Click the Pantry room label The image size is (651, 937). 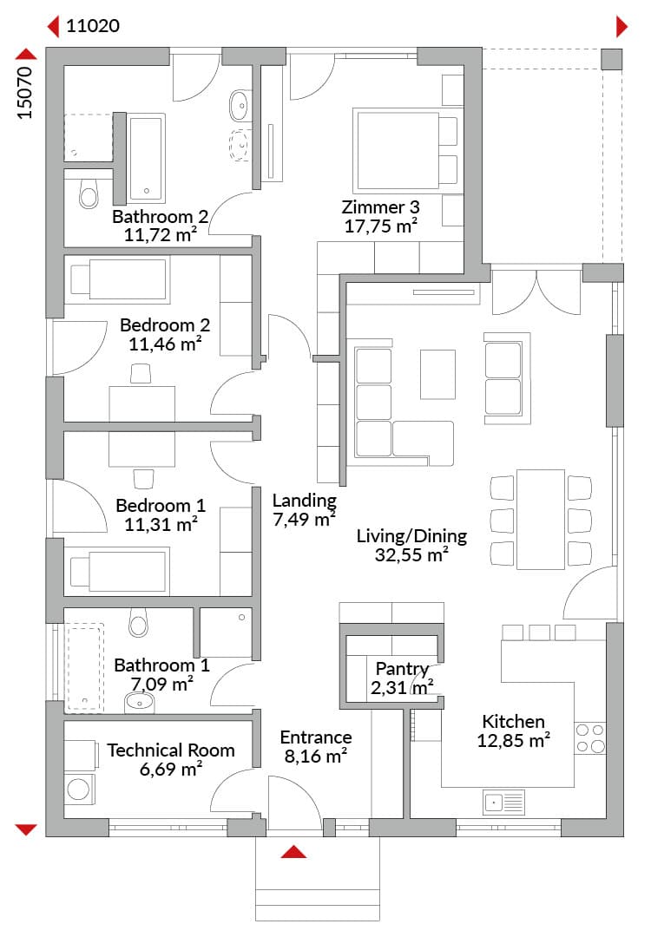402,668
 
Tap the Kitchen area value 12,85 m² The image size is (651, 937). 514,741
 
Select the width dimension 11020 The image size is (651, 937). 93,26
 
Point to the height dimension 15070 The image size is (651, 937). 24,93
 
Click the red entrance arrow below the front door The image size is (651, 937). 293,852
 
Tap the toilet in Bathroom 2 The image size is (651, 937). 89,192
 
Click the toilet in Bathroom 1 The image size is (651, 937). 138,622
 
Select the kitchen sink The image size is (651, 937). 503,803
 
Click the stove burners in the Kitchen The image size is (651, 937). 590,738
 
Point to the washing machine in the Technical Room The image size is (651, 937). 79,789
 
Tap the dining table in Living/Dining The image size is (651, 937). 541,520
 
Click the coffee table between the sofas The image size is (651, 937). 437,375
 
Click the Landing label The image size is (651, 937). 305,501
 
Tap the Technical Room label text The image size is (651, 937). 171,750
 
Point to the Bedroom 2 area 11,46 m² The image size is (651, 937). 165,344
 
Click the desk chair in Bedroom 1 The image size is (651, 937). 143,479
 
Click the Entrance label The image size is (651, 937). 316,737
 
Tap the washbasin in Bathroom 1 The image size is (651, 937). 140,703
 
